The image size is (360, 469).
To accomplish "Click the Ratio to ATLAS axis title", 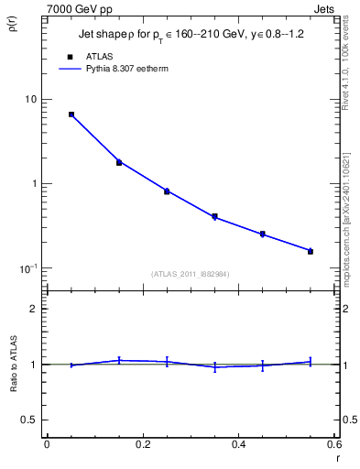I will [x=12, y=391].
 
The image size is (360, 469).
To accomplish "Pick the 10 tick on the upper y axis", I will [x=29, y=99].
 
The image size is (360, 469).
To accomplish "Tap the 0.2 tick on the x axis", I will [x=142, y=444].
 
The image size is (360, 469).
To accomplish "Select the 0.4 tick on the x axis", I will [x=238, y=444].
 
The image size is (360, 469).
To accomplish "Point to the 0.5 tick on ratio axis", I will [x=29, y=420].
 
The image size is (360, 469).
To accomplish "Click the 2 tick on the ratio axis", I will [x=34, y=309].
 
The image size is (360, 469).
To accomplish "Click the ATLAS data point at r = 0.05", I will [x=71, y=115].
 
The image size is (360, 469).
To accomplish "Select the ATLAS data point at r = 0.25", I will [x=167, y=191].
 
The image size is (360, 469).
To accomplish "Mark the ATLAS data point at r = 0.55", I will [x=311, y=251].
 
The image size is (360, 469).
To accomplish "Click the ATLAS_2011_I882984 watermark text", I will [x=190, y=273].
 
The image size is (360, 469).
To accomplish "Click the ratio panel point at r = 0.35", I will [x=214, y=367].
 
